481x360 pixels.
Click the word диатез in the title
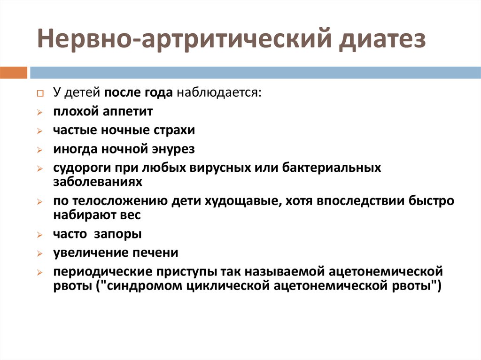[x=382, y=39]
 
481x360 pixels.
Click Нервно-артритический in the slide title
[x=185, y=39]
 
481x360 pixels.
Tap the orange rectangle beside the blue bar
[x=14, y=73]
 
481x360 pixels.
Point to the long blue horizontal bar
[x=255, y=73]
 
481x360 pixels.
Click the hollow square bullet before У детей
[x=40, y=93]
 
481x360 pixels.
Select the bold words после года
[x=139, y=92]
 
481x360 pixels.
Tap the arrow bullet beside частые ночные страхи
[x=40, y=131]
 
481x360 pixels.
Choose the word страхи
[x=174, y=130]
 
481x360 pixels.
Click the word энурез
[x=173, y=149]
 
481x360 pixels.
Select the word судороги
[x=82, y=168]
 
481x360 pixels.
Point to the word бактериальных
[x=331, y=168]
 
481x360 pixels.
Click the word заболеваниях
[x=98, y=182]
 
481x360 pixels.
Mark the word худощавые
[x=243, y=201]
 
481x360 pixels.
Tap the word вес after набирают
[x=130, y=215]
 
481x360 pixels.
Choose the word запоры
[x=118, y=234]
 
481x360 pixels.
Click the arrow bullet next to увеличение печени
[x=40, y=253]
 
